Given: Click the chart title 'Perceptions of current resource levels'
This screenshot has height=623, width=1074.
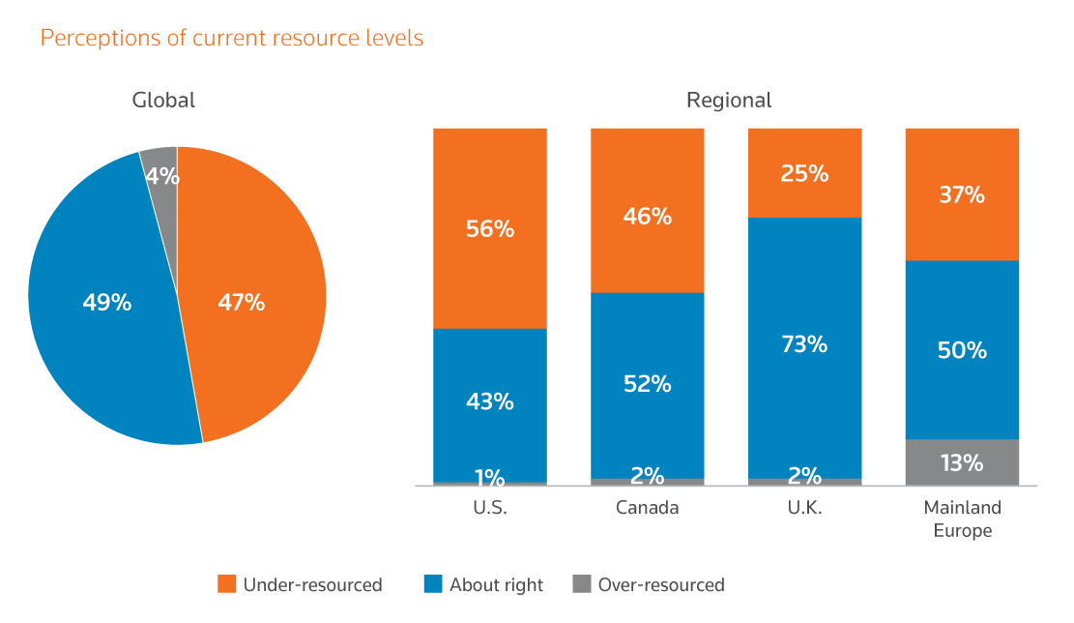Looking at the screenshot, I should [232, 39].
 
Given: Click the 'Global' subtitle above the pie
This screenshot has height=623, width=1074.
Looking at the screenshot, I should [163, 100].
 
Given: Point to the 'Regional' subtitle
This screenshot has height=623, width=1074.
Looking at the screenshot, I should [729, 100].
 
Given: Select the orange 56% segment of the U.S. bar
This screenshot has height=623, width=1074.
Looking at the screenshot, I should [490, 228].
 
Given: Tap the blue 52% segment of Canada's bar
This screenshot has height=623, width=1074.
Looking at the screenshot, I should [648, 385].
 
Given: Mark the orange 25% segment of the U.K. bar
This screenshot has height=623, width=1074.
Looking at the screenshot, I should [805, 173].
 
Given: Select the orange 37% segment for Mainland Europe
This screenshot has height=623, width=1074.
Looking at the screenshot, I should [962, 194].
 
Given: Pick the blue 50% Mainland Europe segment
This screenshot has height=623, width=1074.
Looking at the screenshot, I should [962, 349].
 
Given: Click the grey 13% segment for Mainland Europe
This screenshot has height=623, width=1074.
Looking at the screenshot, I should [962, 462].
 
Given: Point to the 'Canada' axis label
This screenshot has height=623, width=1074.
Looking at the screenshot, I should [648, 508].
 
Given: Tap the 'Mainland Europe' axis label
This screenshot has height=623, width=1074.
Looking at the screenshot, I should [962, 519].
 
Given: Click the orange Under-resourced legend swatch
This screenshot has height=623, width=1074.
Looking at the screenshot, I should [227, 584].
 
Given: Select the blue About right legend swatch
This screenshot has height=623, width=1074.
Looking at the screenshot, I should [433, 584].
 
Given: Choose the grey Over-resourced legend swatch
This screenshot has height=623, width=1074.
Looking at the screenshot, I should [581, 584].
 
